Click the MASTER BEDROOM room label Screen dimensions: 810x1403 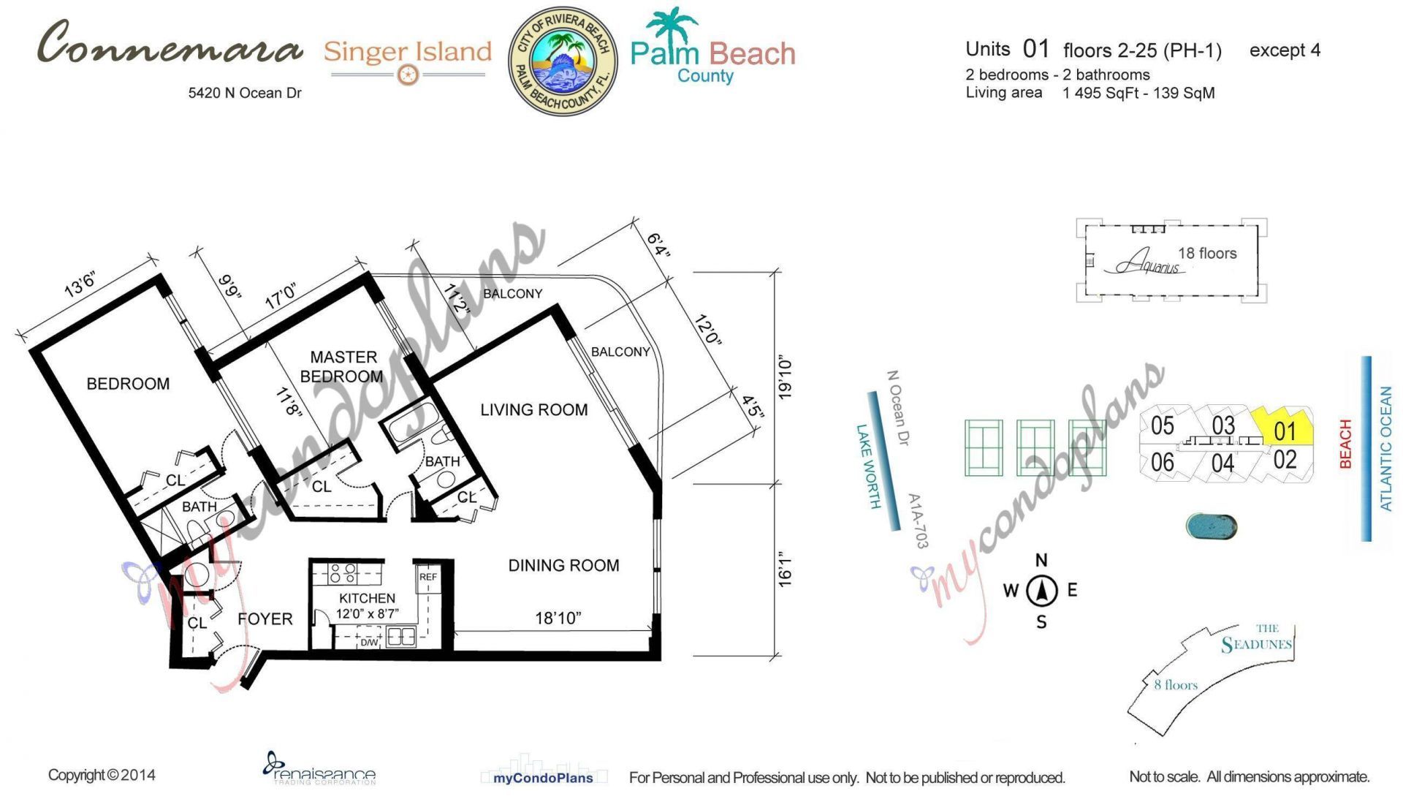pos(342,366)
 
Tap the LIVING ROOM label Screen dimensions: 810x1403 pos(533,410)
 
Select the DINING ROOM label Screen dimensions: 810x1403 pos(563,565)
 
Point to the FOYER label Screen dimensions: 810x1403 pos(265,619)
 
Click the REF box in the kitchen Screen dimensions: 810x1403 pos(428,577)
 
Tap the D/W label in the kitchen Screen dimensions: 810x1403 pos(369,643)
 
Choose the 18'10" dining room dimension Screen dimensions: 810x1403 pos(558,618)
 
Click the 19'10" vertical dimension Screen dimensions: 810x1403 pos(785,378)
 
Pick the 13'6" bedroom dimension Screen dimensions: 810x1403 pos(80,285)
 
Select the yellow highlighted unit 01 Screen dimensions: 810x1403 pos(1284,428)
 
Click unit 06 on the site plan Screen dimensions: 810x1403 pos(1162,462)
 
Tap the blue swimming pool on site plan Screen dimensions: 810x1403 pos(1211,526)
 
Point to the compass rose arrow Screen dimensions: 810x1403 pos(1042,591)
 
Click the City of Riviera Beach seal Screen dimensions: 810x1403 pos(562,61)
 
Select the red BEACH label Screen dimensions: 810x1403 pos(1345,444)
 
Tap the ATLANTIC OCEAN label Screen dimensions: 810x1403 pos(1385,448)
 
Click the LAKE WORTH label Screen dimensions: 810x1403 pos(868,466)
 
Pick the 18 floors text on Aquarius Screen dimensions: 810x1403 pos(1207,254)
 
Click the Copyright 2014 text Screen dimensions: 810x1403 pos(102,775)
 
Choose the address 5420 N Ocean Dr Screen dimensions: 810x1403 pos(245,93)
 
